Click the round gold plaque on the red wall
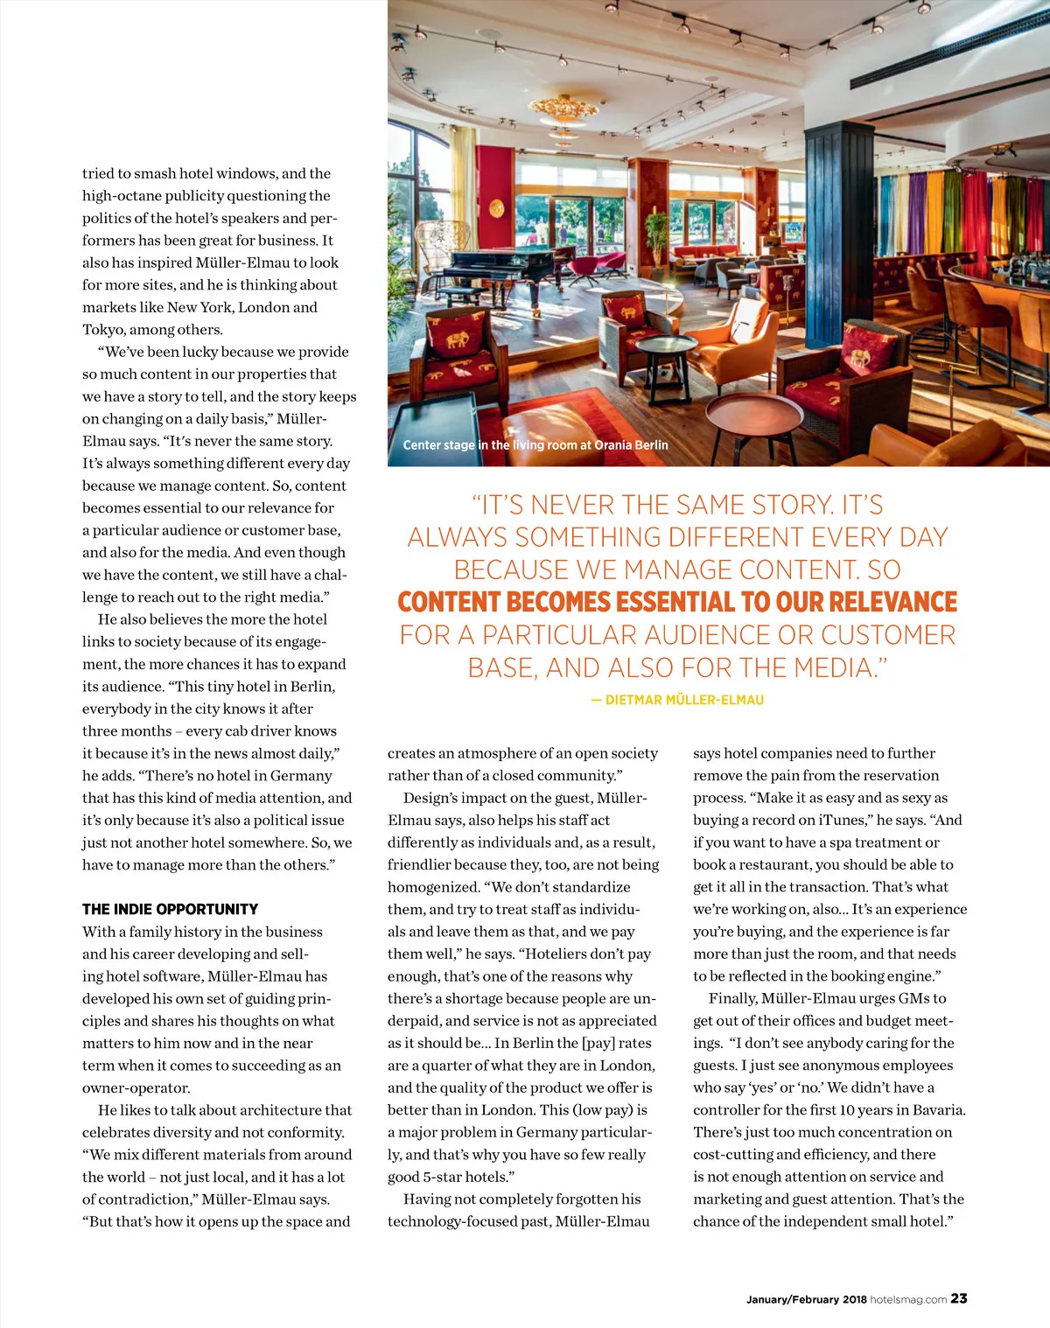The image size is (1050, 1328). click(x=497, y=208)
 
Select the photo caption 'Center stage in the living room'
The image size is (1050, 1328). click(x=535, y=445)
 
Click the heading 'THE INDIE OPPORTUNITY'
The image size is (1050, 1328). click(x=170, y=909)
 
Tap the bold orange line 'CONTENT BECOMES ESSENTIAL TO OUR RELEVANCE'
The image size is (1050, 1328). click(x=677, y=602)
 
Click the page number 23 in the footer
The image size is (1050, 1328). click(x=959, y=1298)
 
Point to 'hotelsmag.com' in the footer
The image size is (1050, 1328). click(x=908, y=1299)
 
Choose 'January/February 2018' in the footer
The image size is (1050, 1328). click(x=806, y=1299)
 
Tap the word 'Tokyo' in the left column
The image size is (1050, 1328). click(x=103, y=330)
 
